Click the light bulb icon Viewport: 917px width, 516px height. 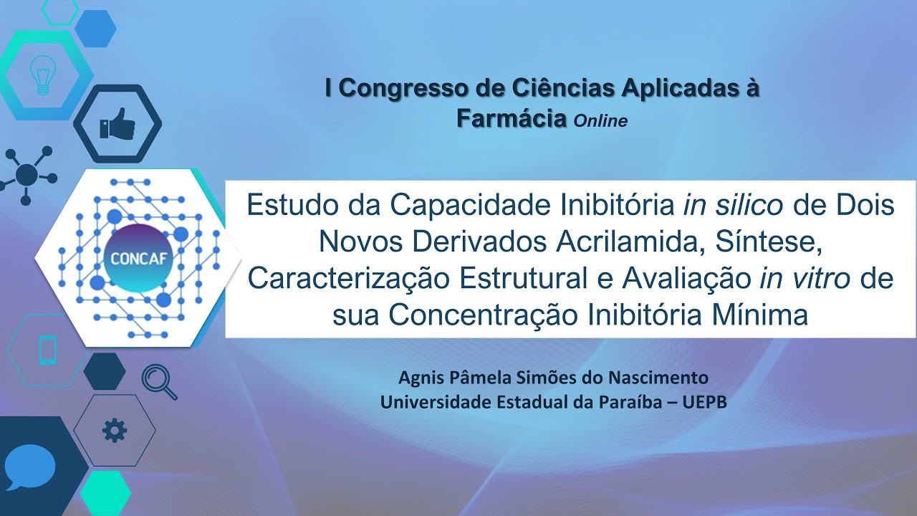coord(43,75)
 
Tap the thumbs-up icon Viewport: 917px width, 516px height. coord(117,123)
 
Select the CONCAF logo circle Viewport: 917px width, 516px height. coord(138,258)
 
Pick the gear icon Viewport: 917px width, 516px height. coord(114,430)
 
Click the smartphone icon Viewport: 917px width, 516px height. coord(48,350)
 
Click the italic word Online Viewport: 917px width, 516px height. coord(600,121)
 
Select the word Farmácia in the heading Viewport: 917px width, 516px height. coord(512,118)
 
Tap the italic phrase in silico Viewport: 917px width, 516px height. coord(733,205)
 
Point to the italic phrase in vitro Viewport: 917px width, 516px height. coord(805,278)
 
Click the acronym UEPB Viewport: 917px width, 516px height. coord(704,402)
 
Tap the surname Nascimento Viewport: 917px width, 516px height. coord(658,378)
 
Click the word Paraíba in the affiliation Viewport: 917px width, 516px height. coord(630,402)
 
